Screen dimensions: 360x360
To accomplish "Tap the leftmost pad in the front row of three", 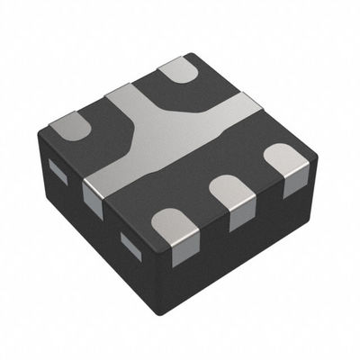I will click(x=170, y=224).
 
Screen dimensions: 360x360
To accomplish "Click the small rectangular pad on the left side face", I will click(x=56, y=167).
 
